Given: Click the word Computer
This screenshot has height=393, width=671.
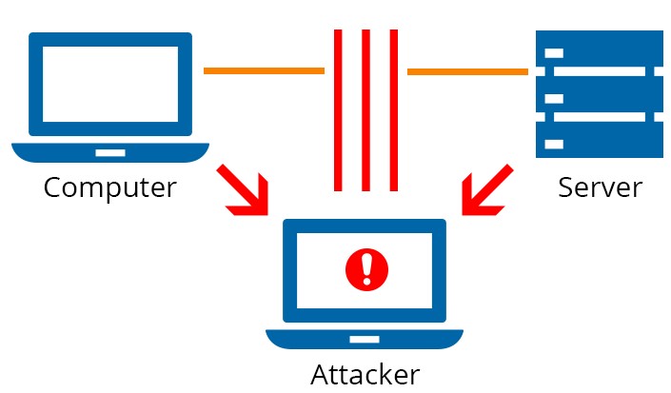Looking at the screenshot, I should point(109,187).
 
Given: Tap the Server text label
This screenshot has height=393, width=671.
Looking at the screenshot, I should point(600,187).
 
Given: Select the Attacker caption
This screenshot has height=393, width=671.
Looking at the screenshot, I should point(365,374).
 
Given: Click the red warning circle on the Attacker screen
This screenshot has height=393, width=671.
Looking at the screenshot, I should point(364,269).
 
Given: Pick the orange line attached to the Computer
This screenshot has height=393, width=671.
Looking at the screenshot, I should point(264,70).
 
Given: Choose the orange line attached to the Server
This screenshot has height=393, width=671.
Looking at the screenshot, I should point(467,71).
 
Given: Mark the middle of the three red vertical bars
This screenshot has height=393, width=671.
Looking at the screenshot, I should point(365,109).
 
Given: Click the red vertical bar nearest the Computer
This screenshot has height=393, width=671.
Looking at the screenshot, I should point(337,109).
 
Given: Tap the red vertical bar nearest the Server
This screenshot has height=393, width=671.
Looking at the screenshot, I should point(393,109).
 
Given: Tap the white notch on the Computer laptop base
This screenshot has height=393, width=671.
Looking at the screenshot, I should point(109,151).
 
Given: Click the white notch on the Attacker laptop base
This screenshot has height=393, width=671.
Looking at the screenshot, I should point(365,338).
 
